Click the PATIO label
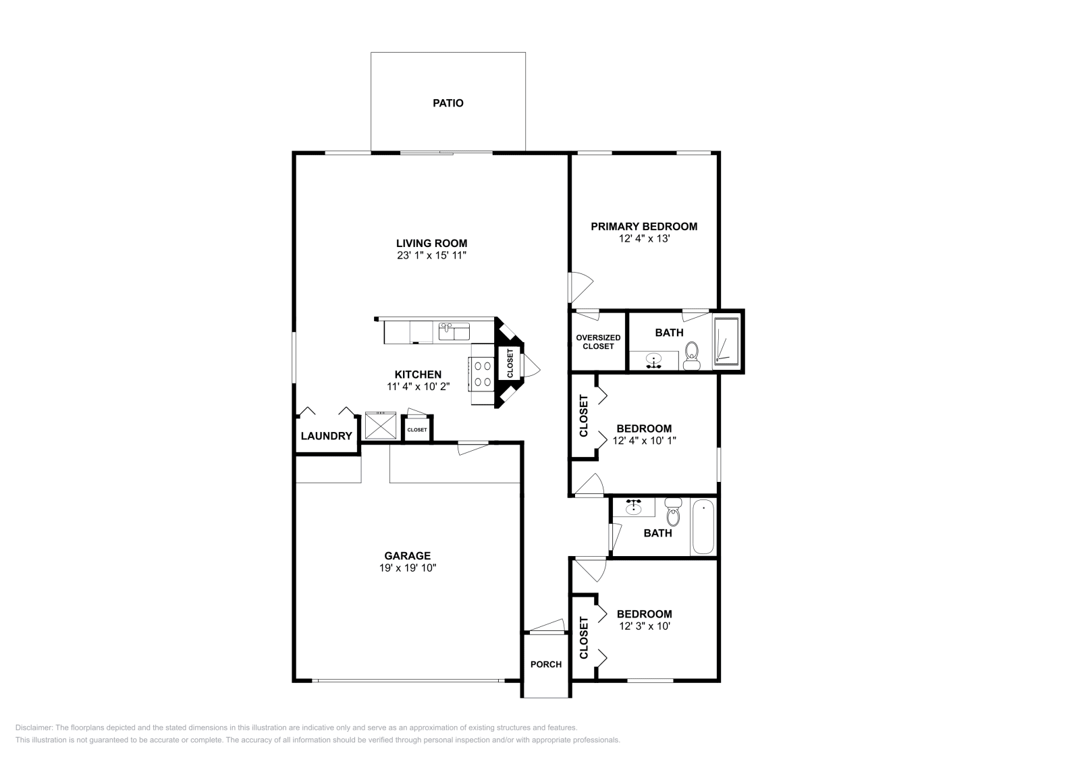(x=448, y=103)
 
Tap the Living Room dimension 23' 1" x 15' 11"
(x=432, y=256)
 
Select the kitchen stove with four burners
(x=483, y=374)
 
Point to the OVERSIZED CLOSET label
(x=598, y=342)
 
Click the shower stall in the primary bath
(x=726, y=342)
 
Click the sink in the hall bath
(x=633, y=508)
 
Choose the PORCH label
(x=546, y=664)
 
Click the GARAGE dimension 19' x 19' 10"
(x=408, y=568)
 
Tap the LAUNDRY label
(x=326, y=436)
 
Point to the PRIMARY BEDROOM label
(x=644, y=227)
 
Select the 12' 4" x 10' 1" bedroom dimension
(x=644, y=441)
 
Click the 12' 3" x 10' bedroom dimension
(x=644, y=626)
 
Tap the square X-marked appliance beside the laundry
(x=380, y=426)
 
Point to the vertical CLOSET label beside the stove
(x=510, y=363)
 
